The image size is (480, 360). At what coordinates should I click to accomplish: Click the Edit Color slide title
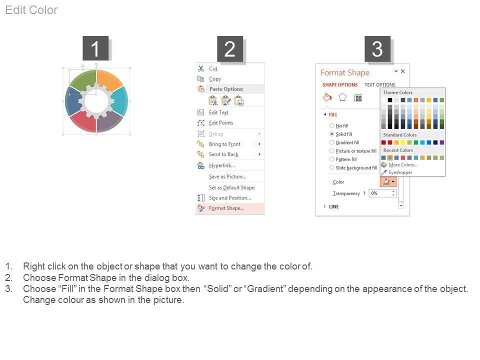(x=31, y=10)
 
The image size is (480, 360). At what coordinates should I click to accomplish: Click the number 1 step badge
(x=95, y=48)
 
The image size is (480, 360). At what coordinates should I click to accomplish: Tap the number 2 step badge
(x=230, y=48)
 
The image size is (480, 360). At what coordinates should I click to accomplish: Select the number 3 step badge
(x=377, y=48)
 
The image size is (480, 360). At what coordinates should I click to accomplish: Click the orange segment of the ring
(x=109, y=80)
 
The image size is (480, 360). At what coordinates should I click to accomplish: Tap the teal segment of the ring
(x=120, y=100)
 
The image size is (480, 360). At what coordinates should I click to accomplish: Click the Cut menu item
(x=213, y=68)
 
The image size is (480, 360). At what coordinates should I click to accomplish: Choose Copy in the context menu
(x=215, y=79)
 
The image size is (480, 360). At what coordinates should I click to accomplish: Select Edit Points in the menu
(x=221, y=123)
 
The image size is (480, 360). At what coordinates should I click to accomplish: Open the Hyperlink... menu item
(x=222, y=165)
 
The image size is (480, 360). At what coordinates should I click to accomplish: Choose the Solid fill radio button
(x=331, y=134)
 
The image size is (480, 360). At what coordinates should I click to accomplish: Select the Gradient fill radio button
(x=331, y=142)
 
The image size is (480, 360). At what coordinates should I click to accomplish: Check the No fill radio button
(x=331, y=125)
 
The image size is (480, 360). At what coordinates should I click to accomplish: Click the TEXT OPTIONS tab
(x=379, y=85)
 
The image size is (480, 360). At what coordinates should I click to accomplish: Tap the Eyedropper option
(x=400, y=172)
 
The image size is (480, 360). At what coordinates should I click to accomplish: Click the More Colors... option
(x=403, y=164)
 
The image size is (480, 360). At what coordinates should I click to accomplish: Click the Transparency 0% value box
(x=382, y=193)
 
